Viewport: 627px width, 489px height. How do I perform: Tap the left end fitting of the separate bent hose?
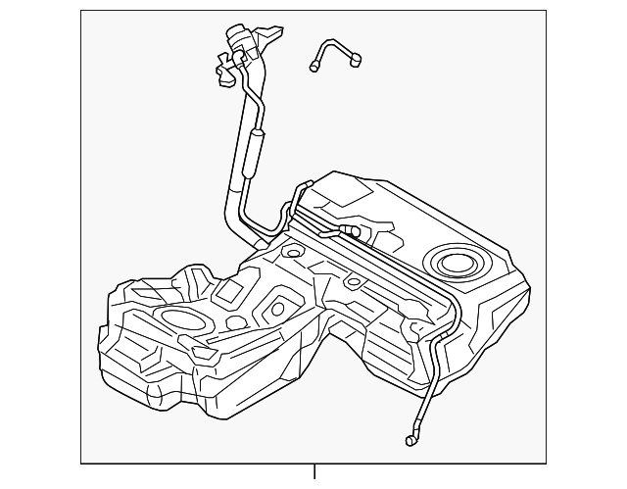pyautogui.click(x=315, y=67)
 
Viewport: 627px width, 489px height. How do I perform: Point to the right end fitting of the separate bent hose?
pyautogui.click(x=356, y=62)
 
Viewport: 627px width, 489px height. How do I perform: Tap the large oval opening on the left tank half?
pyautogui.click(x=179, y=318)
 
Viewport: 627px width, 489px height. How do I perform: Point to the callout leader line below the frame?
pyautogui.click(x=314, y=473)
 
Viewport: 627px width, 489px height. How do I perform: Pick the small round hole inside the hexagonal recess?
pyautogui.click(x=277, y=309)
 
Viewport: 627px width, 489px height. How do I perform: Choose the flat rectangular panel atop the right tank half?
pyautogui.click(x=354, y=196)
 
